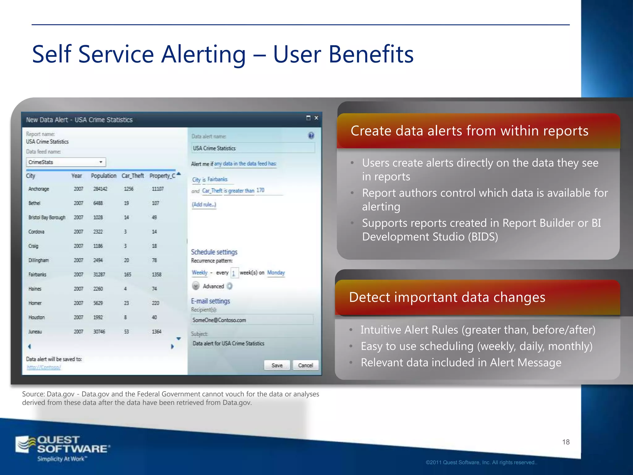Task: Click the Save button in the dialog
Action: pyautogui.click(x=277, y=365)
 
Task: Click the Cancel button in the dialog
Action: pyautogui.click(x=305, y=365)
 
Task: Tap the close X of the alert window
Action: pyautogui.click(x=316, y=118)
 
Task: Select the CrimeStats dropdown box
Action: pyautogui.click(x=66, y=162)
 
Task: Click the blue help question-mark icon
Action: pyautogui.click(x=311, y=135)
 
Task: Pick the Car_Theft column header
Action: pyautogui.click(x=133, y=176)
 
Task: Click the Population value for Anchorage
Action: pyautogui.click(x=100, y=189)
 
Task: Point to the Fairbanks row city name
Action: pyautogui.click(x=37, y=274)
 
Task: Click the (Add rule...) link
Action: pyautogui.click(x=204, y=204)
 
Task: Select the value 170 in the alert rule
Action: pyautogui.click(x=260, y=190)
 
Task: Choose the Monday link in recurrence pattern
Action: pyautogui.click(x=276, y=272)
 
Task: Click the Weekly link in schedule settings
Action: pyautogui.click(x=199, y=272)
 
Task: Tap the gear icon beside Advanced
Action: pyautogui.click(x=229, y=286)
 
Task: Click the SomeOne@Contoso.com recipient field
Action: pyautogui.click(x=252, y=320)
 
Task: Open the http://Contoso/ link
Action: pyautogui.click(x=44, y=367)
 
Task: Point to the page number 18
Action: pyautogui.click(x=566, y=442)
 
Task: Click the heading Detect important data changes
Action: pyautogui.click(x=447, y=297)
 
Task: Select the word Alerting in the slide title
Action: pyautogui.click(x=204, y=54)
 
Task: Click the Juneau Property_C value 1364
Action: pyautogui.click(x=156, y=332)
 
